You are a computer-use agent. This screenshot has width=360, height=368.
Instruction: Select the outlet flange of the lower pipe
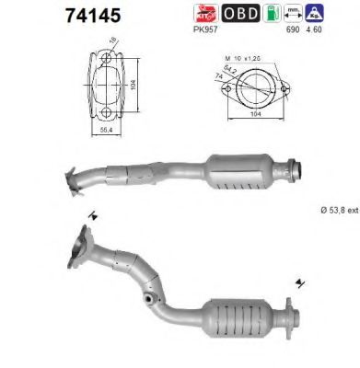(x=287, y=317)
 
